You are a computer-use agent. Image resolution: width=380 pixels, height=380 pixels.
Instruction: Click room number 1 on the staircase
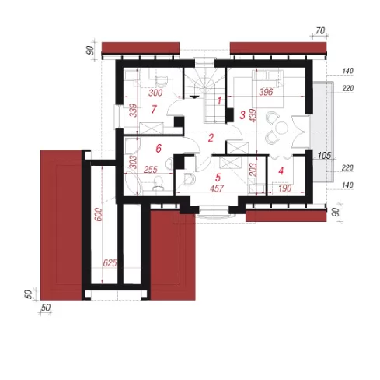click(219, 100)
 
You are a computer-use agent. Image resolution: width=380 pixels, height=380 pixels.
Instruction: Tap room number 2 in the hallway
click(211, 138)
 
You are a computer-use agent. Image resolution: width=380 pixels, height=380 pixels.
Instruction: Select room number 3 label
click(242, 115)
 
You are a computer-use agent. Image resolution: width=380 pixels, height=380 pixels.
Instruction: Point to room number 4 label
click(281, 171)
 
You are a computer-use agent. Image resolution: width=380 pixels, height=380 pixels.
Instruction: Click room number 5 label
click(218, 178)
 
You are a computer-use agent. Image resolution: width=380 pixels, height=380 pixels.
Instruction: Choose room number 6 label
click(159, 148)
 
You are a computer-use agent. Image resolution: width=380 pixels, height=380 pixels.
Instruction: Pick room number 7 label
click(154, 109)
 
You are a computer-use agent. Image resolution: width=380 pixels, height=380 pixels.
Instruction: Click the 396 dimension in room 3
click(266, 92)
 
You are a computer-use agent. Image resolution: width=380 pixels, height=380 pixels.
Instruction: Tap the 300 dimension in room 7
click(155, 93)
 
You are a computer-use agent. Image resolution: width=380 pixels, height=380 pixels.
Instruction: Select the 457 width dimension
click(217, 188)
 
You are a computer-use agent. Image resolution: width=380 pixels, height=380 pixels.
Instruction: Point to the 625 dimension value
click(110, 263)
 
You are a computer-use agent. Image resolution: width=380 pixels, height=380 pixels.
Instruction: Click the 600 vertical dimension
click(99, 214)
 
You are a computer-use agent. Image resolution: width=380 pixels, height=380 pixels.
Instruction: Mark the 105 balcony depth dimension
click(324, 156)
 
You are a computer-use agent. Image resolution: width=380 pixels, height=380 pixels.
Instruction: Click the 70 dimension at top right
click(320, 31)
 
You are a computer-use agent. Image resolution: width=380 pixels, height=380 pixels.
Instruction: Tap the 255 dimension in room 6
click(151, 170)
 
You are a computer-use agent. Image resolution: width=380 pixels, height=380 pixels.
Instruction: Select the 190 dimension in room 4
click(284, 188)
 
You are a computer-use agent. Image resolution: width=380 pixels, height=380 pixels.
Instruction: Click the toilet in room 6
click(158, 181)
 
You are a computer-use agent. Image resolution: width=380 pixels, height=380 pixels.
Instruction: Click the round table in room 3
click(281, 128)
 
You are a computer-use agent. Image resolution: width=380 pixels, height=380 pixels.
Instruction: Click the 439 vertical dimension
click(253, 116)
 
